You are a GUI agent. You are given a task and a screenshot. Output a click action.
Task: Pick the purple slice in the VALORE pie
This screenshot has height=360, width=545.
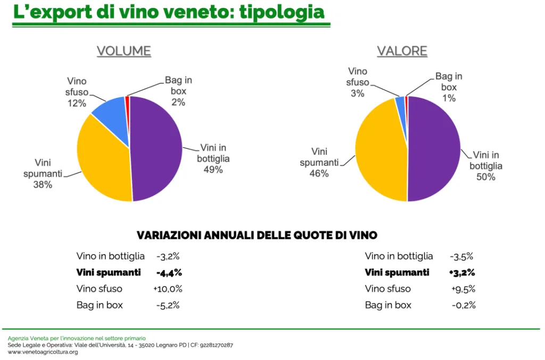click(434, 149)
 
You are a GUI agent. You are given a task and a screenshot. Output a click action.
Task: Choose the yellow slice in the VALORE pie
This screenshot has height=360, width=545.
click(381, 154)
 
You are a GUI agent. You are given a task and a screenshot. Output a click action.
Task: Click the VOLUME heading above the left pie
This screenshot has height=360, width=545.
click(123, 51)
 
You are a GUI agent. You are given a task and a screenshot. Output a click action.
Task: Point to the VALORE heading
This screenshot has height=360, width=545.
click(402, 51)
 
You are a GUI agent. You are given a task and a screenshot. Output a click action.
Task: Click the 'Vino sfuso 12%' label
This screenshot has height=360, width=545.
click(78, 92)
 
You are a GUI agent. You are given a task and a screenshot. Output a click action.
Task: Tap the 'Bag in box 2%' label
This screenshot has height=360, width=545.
click(178, 91)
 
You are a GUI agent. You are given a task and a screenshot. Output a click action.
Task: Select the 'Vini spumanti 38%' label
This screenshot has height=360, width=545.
click(43, 173)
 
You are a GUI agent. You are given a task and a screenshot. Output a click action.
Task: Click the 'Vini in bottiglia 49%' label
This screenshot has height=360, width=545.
click(213, 158)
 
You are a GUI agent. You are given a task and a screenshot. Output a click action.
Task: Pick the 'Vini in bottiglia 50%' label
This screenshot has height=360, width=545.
click(485, 166)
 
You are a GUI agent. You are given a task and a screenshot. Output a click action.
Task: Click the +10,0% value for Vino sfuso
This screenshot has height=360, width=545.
click(168, 289)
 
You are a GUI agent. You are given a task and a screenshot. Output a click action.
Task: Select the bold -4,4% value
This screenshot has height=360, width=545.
click(169, 273)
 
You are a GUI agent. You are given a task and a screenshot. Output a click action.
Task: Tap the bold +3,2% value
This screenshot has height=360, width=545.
click(462, 273)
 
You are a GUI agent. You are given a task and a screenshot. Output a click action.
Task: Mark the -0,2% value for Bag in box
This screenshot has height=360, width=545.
click(464, 305)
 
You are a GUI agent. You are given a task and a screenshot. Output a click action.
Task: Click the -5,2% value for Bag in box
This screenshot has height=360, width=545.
click(168, 305)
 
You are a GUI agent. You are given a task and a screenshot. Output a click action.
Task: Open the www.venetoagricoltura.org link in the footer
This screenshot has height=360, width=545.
click(43, 352)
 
